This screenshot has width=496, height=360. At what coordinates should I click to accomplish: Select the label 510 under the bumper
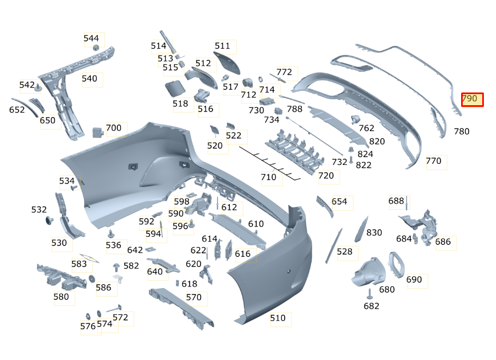278,318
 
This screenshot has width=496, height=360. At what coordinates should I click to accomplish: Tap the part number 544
91,39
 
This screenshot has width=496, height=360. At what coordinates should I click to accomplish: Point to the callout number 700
114,128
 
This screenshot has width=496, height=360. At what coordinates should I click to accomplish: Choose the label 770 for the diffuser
433,161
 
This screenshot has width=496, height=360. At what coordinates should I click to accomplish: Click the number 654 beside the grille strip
339,202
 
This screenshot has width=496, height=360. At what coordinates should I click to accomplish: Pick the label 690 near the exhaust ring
414,280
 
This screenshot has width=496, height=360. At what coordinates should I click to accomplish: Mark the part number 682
371,306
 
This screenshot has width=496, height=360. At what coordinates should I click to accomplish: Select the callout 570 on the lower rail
194,298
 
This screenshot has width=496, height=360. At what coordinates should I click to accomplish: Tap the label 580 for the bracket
61,297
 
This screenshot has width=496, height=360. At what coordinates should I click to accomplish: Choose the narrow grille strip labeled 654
324,206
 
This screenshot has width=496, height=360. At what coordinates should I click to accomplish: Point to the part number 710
268,177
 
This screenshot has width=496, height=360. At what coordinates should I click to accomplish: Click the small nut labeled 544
96,48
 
